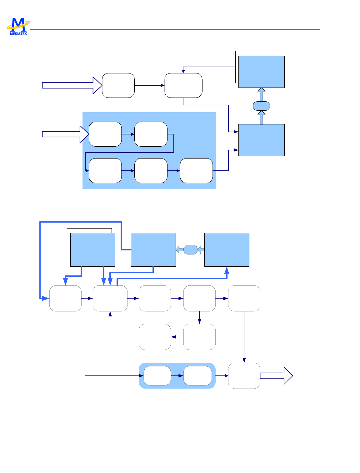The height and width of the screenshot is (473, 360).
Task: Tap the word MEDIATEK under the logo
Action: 18,33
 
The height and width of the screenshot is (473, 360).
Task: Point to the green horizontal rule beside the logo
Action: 175,30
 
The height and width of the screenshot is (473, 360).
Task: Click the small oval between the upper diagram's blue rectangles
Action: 262,106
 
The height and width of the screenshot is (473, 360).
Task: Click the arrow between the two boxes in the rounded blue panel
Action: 177,376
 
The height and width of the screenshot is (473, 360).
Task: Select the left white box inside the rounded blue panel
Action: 157,376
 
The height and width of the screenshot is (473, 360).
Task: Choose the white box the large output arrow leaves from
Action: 244,376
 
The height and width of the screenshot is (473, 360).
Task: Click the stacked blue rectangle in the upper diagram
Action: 261,72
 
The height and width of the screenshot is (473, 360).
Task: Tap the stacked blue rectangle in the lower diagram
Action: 92,249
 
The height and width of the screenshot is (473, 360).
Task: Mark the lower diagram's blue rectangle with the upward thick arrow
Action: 227,249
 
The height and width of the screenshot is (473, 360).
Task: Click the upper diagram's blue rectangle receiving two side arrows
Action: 261,140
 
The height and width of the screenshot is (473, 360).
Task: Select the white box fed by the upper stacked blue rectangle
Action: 183,85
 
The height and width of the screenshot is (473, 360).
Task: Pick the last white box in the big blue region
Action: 196,171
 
